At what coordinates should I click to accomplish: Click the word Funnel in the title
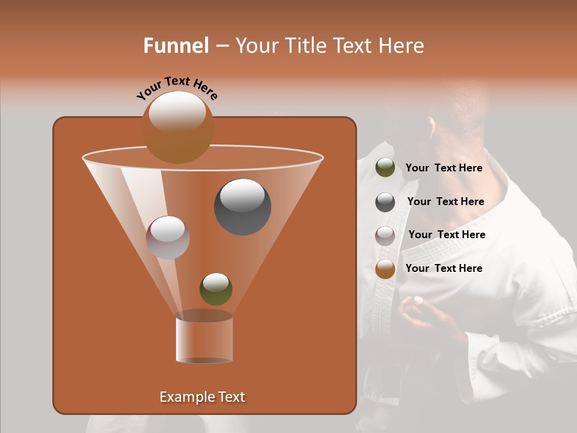click(x=176, y=46)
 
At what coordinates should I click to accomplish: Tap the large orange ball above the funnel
click(x=178, y=127)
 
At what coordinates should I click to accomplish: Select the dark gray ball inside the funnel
click(x=242, y=207)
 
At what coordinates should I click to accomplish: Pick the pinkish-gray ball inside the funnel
click(x=168, y=238)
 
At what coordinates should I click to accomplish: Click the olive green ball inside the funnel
click(x=216, y=289)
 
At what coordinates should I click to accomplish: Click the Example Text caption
click(x=202, y=397)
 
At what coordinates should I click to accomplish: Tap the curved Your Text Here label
click(x=177, y=87)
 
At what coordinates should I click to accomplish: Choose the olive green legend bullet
click(x=385, y=168)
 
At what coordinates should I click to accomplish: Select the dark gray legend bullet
click(x=385, y=202)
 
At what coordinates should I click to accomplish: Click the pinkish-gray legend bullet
click(x=385, y=236)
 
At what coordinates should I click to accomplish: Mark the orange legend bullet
click(x=385, y=269)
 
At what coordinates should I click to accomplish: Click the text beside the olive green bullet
click(x=444, y=168)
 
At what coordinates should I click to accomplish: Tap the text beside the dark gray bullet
click(x=445, y=202)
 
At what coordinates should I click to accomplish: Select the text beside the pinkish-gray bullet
click(x=447, y=235)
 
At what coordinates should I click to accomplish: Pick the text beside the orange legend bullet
click(x=444, y=268)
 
